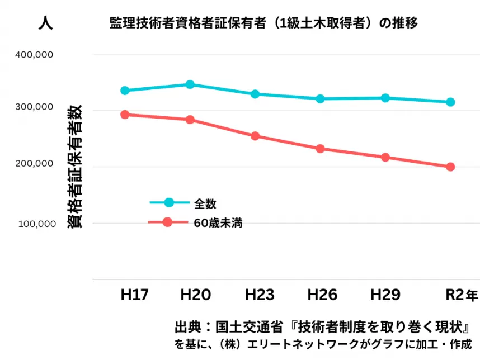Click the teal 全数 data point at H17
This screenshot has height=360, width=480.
125,91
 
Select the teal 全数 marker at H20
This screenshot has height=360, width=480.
190,84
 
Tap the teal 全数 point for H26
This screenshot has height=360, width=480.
320,99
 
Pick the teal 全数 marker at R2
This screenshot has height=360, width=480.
450,102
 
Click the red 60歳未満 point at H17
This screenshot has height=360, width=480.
125,115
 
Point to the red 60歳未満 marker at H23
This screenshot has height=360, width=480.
255,136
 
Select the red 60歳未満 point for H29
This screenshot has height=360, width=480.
385,158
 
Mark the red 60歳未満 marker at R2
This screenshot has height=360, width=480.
450,167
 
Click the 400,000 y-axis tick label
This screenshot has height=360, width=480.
34,55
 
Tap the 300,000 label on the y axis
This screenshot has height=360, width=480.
34,107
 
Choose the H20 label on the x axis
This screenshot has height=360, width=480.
195,295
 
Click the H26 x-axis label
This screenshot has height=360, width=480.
322,295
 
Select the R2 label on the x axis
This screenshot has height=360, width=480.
454,295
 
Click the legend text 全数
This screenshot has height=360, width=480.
205,203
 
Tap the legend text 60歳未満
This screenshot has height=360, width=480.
218,222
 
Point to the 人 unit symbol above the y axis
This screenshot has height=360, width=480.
45,23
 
